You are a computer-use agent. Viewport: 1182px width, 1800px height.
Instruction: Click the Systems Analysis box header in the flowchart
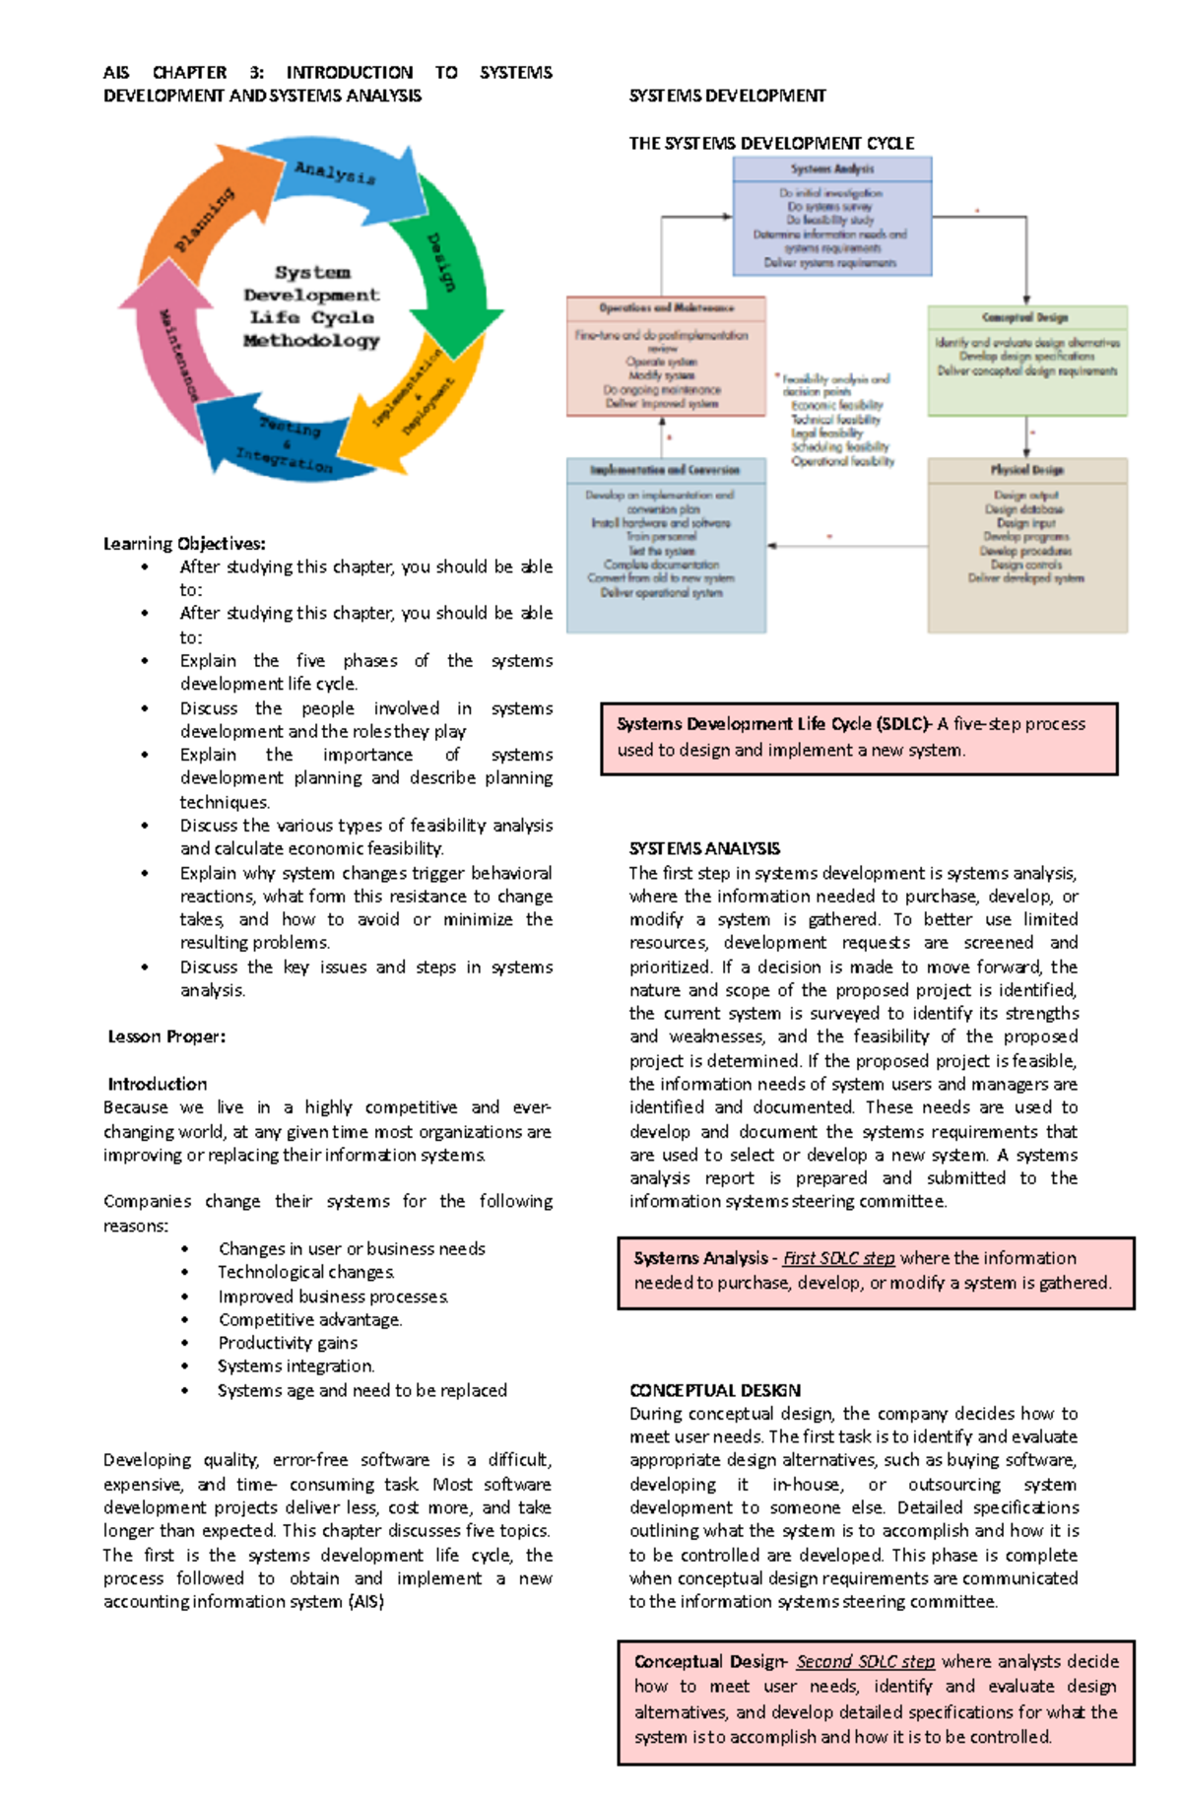tap(832, 169)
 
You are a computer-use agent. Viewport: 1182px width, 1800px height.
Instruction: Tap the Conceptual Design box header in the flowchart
tap(1026, 317)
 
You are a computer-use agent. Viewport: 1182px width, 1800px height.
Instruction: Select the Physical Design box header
tap(1026, 470)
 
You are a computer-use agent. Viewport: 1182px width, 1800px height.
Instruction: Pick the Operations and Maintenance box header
tap(666, 307)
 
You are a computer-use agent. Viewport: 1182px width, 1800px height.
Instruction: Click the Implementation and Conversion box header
tap(666, 470)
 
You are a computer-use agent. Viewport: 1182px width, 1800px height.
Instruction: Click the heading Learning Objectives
tap(184, 544)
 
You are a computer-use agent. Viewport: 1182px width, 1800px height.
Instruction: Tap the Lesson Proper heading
tap(166, 1036)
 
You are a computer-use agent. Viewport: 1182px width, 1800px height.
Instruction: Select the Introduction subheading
tap(158, 1084)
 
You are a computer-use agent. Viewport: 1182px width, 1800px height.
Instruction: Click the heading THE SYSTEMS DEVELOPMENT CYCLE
tap(771, 143)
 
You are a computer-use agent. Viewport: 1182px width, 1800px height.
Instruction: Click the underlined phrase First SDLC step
tap(838, 1258)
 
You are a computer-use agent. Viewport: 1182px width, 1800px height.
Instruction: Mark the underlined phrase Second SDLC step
tap(865, 1661)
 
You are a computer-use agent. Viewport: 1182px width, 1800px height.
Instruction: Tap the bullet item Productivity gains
tap(288, 1343)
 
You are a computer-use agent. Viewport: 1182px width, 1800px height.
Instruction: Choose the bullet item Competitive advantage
tap(309, 1319)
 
